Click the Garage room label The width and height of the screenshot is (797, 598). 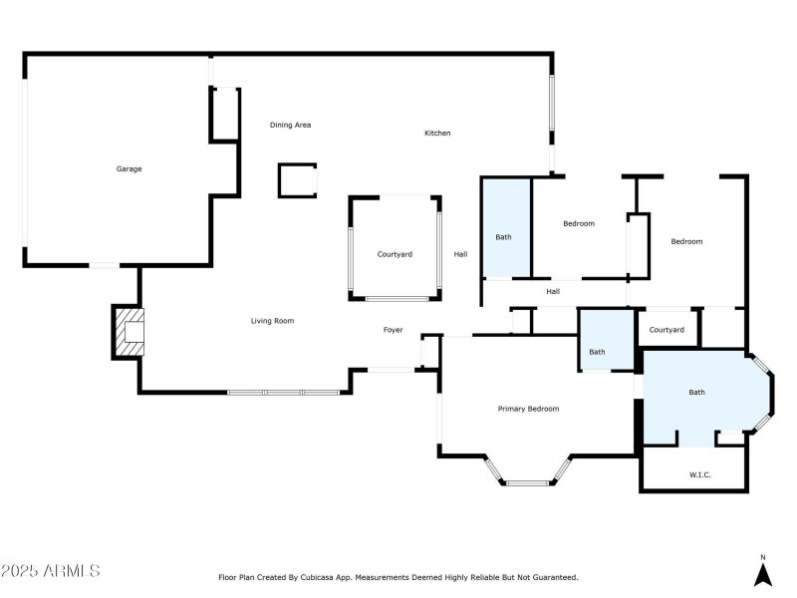click(129, 169)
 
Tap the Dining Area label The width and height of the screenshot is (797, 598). click(291, 125)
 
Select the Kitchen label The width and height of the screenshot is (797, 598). click(437, 133)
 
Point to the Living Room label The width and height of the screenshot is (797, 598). click(272, 321)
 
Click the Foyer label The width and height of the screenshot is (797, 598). click(394, 330)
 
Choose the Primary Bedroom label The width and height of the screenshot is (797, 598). click(528, 409)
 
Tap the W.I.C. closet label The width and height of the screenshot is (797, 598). click(700, 473)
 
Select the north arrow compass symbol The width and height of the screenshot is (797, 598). click(763, 572)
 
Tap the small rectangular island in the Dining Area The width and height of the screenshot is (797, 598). click(297, 180)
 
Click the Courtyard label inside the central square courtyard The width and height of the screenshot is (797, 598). click(395, 254)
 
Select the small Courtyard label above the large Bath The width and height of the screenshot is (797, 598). click(666, 330)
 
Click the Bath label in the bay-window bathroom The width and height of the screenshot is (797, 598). click(696, 392)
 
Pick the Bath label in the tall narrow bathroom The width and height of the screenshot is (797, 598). click(504, 236)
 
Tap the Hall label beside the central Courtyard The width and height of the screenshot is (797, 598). click(460, 254)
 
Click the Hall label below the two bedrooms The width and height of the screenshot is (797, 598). click(553, 291)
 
